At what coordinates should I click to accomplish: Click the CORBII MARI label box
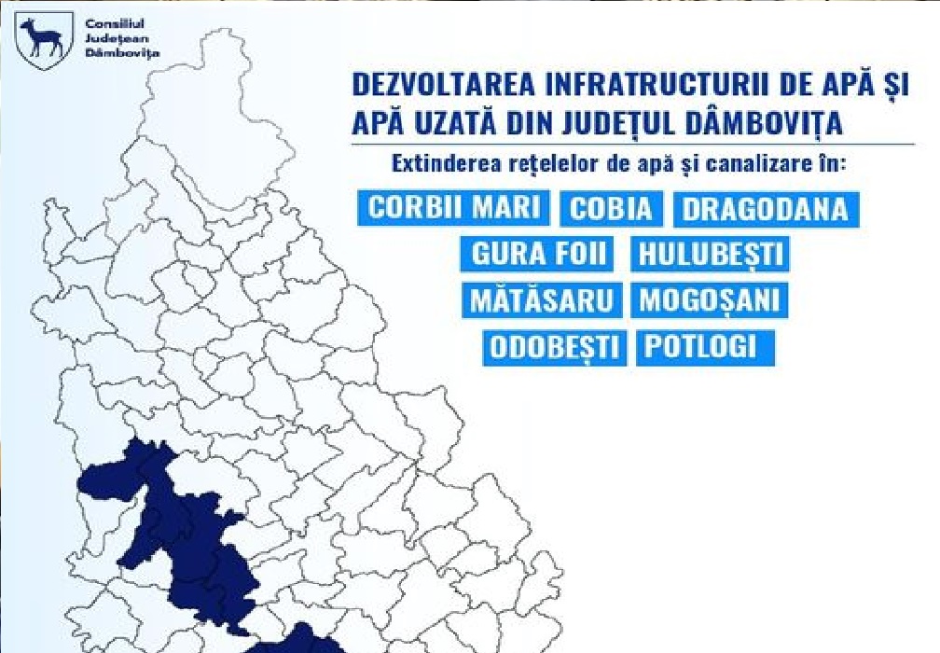point(453,208)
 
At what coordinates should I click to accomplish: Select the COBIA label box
point(612,209)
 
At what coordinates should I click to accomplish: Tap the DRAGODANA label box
point(767,209)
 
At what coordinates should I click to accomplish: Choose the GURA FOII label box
point(537,254)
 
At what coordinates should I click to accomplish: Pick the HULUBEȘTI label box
point(710,254)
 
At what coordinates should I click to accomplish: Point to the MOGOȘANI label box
point(709,299)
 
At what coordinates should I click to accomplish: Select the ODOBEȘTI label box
point(555,348)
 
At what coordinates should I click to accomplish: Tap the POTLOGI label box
point(706,348)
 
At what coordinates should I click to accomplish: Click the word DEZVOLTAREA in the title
point(443,85)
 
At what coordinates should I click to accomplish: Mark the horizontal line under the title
point(633,145)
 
